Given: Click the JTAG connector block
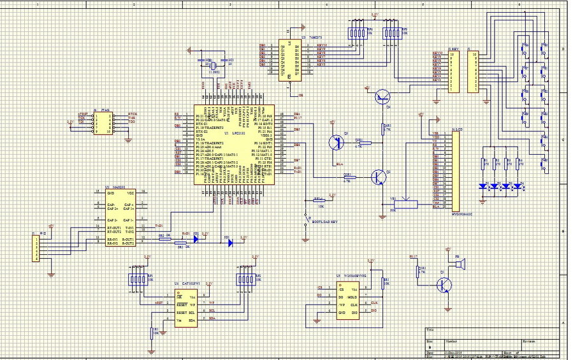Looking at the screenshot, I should pyautogui.click(x=102, y=123).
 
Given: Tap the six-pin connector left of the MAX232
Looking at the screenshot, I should pyautogui.click(x=36, y=247).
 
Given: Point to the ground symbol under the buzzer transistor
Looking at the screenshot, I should pyautogui.click(x=447, y=305).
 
